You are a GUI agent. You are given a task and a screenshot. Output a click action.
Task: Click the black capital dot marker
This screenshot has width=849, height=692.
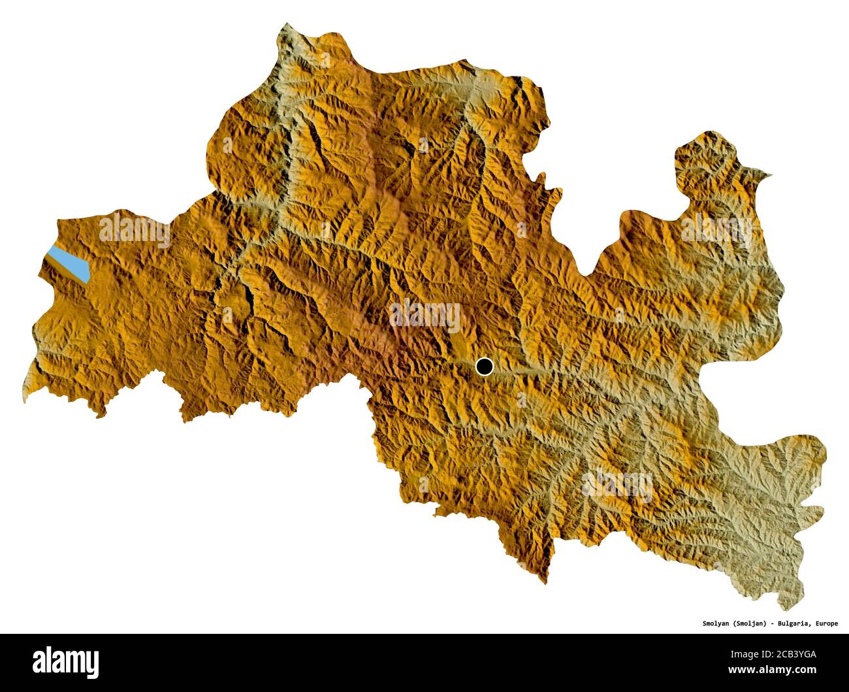pos(484,367)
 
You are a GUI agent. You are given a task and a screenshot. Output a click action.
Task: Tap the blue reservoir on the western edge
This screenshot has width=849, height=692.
pos(69,264)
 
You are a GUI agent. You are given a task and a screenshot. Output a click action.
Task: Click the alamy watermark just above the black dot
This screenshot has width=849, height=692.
pos(425,315)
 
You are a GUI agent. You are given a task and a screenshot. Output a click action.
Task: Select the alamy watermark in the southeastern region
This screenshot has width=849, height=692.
pos(617,485)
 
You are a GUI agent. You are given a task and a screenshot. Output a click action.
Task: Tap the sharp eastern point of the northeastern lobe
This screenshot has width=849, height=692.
pos(771,174)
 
